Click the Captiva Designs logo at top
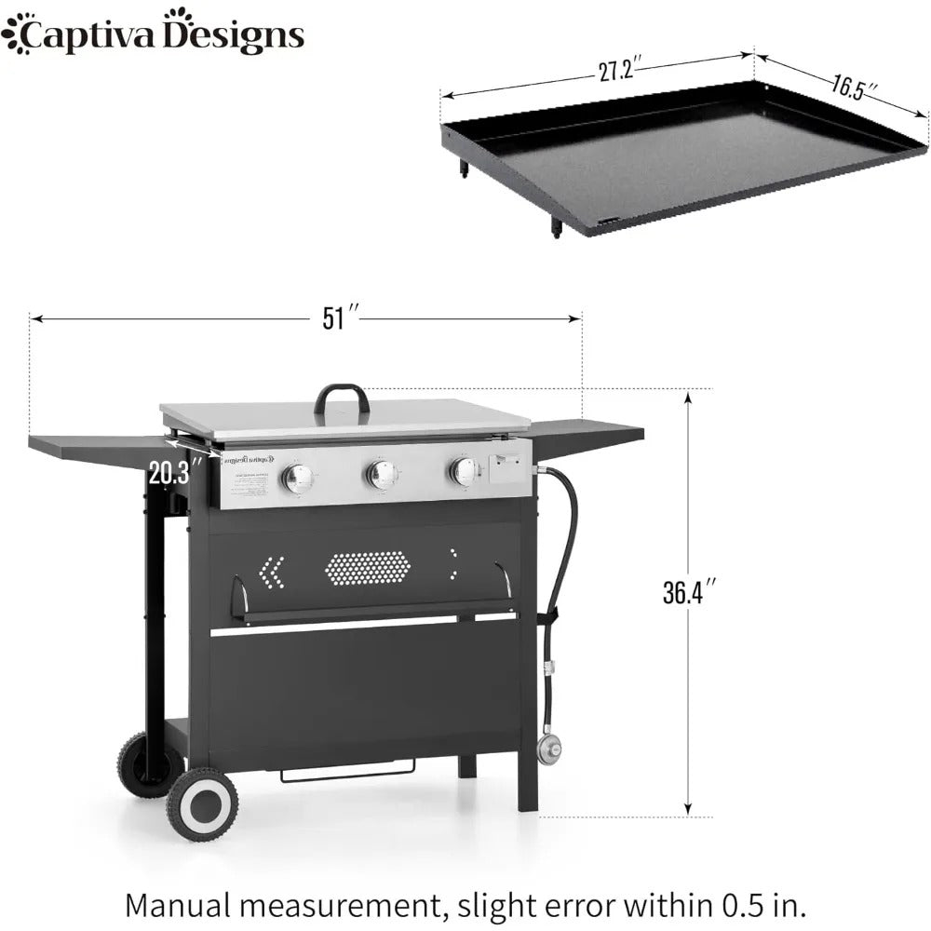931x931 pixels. point(153,34)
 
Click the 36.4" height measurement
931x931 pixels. point(689,592)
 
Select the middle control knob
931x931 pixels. point(379,475)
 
